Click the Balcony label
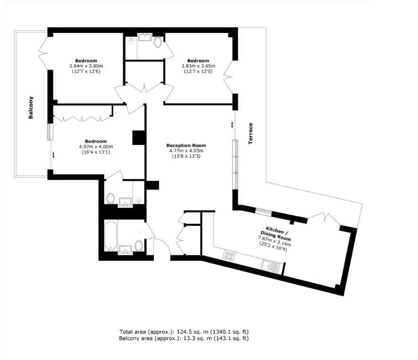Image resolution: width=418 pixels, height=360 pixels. tap(31, 107)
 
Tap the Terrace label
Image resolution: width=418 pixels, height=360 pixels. tap(251, 133)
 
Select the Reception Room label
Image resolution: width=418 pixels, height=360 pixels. tap(186, 145)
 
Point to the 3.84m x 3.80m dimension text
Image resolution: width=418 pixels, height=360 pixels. tap(86, 66)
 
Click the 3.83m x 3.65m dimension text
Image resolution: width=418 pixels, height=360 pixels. tap(198, 66)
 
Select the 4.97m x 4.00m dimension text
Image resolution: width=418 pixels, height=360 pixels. tap(96, 147)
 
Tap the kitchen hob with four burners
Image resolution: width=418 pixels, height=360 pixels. tap(229, 256)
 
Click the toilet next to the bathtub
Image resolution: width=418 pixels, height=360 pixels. tap(139, 246)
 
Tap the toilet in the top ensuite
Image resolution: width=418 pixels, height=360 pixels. tap(158, 43)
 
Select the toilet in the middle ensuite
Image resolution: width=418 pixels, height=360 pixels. tap(111, 199)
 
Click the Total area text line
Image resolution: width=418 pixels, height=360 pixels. tap(184, 332)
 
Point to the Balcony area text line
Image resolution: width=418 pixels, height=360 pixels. tap(184, 338)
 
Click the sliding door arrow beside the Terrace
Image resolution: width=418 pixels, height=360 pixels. tap(233, 125)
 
